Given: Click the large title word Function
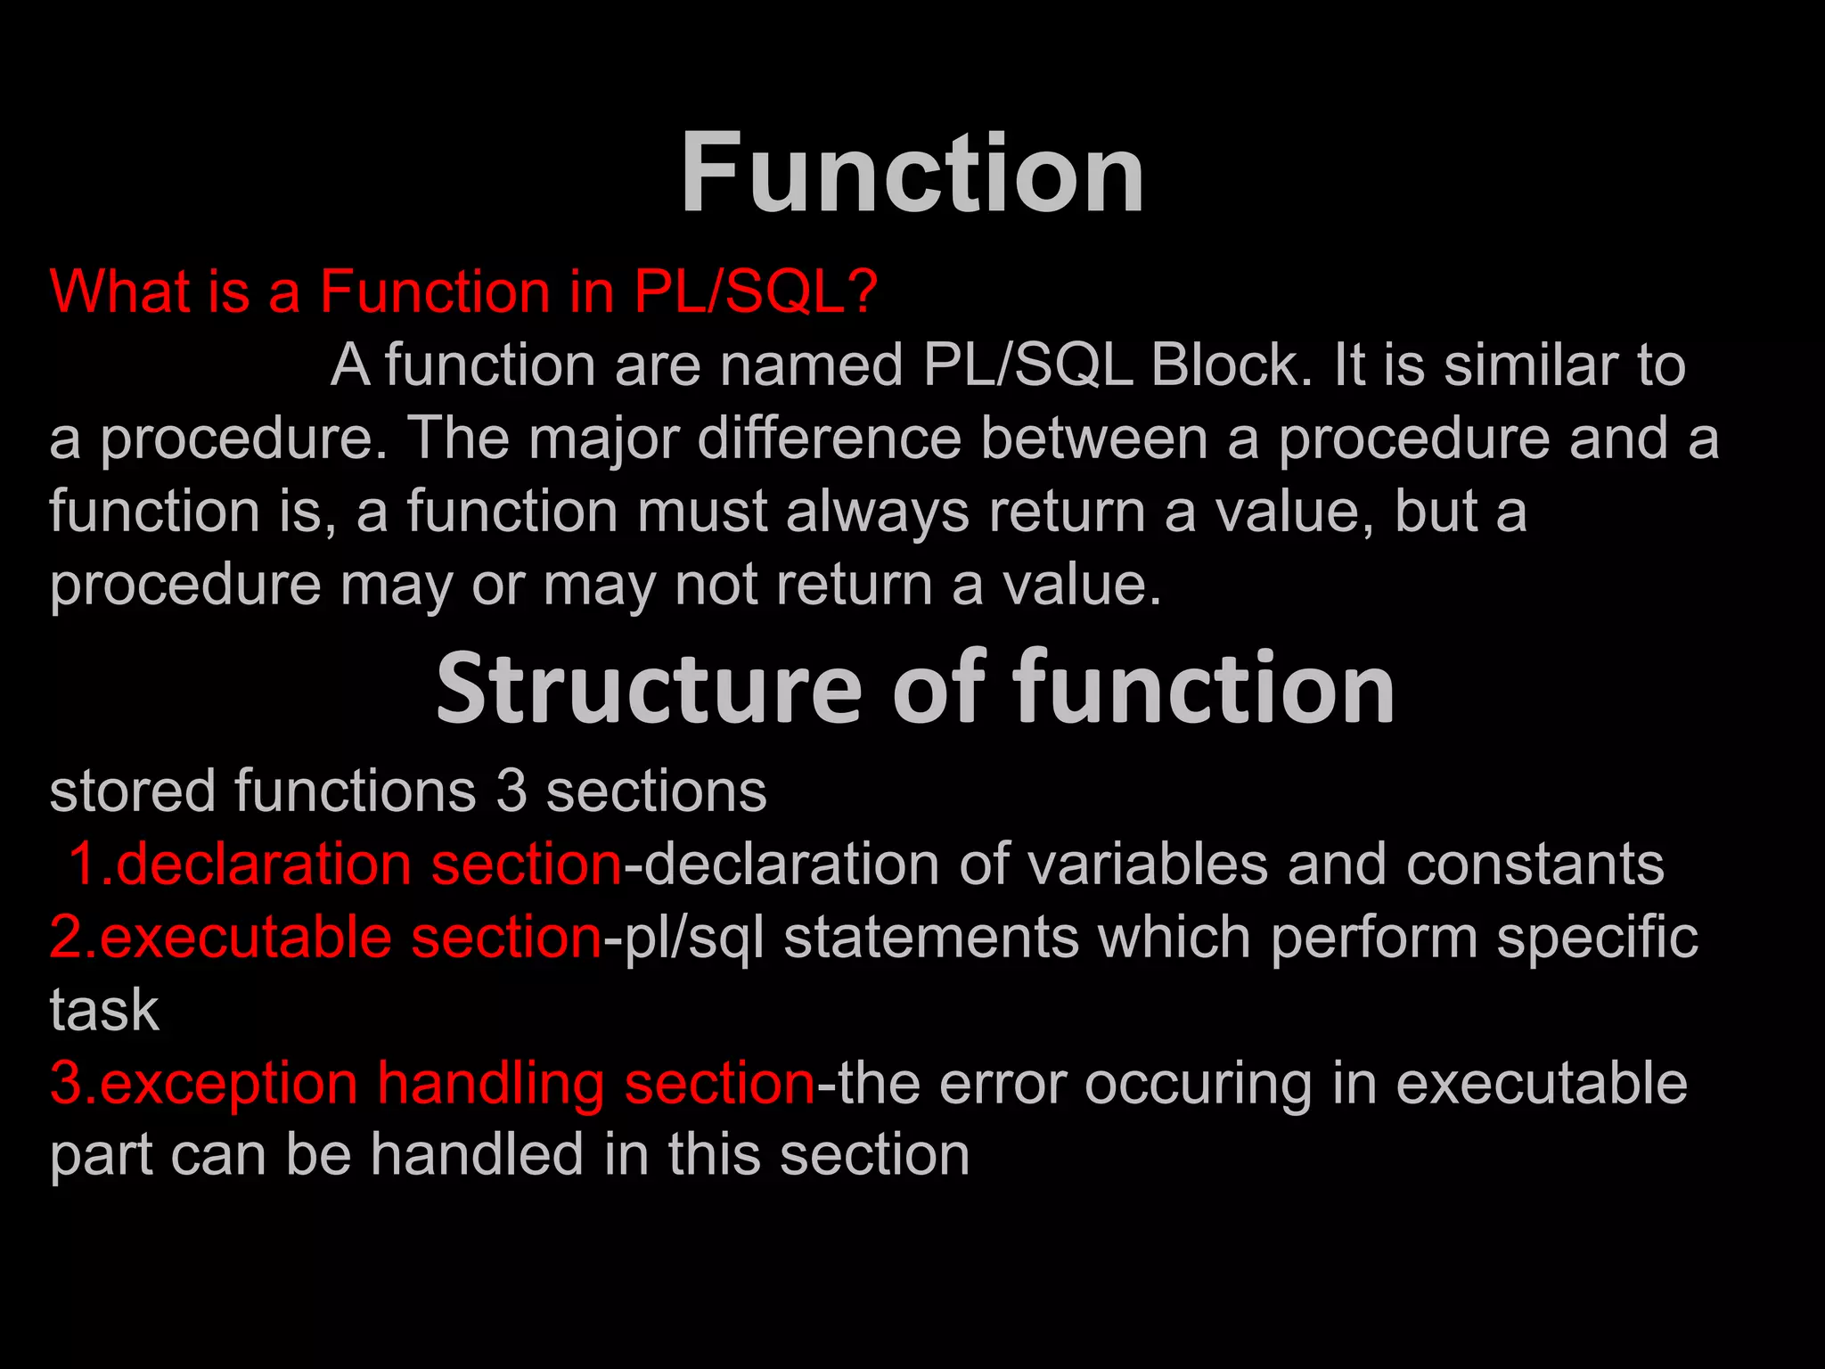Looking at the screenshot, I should (x=912, y=173).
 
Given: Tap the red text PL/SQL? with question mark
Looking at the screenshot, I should (x=756, y=291).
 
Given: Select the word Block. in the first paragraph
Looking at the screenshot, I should (x=1232, y=365).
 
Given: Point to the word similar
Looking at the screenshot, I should (x=1530, y=365).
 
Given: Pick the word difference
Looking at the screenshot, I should (x=829, y=439).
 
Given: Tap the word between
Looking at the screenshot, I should (x=1093, y=439).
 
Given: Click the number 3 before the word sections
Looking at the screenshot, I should (x=511, y=791).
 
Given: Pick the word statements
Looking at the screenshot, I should (x=930, y=938).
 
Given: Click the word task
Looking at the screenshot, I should (x=104, y=1011).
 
